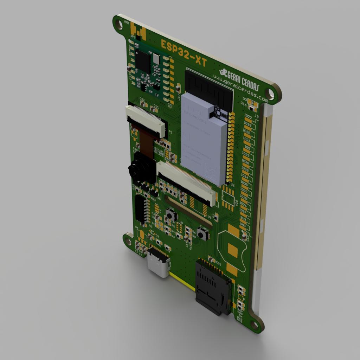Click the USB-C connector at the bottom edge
(159, 262)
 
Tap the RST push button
(171, 215)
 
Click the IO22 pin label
(248, 116)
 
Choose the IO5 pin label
(247, 148)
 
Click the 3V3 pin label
(243, 218)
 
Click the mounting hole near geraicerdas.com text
(270, 93)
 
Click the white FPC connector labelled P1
(146, 121)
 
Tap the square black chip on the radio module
(142, 61)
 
